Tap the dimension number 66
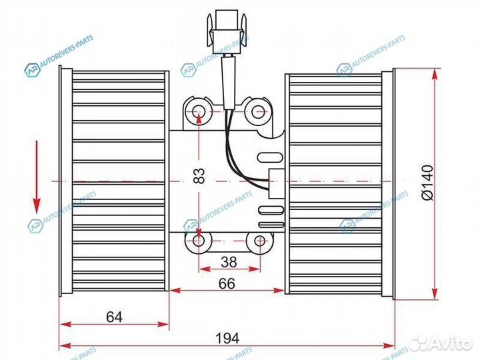pyautogui.click(x=227, y=283)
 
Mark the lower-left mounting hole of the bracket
pyautogui.click(x=199, y=241)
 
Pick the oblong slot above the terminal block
pyautogui.click(x=270, y=159)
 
